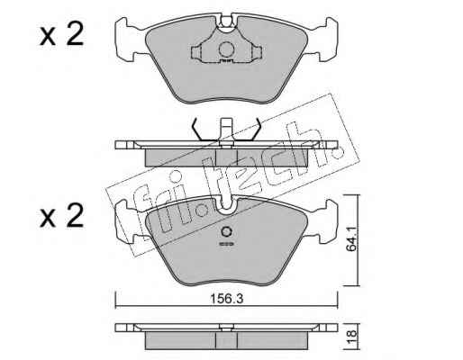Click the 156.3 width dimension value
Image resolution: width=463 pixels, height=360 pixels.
point(226,299)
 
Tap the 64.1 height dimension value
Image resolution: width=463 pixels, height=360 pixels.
point(351,238)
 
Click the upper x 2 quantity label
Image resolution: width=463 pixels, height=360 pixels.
point(61,35)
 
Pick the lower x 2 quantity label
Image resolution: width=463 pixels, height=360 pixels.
point(61,215)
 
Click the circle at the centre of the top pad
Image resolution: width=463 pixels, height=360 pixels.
point(226,49)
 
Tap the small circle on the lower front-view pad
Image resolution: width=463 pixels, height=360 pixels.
point(226,231)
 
